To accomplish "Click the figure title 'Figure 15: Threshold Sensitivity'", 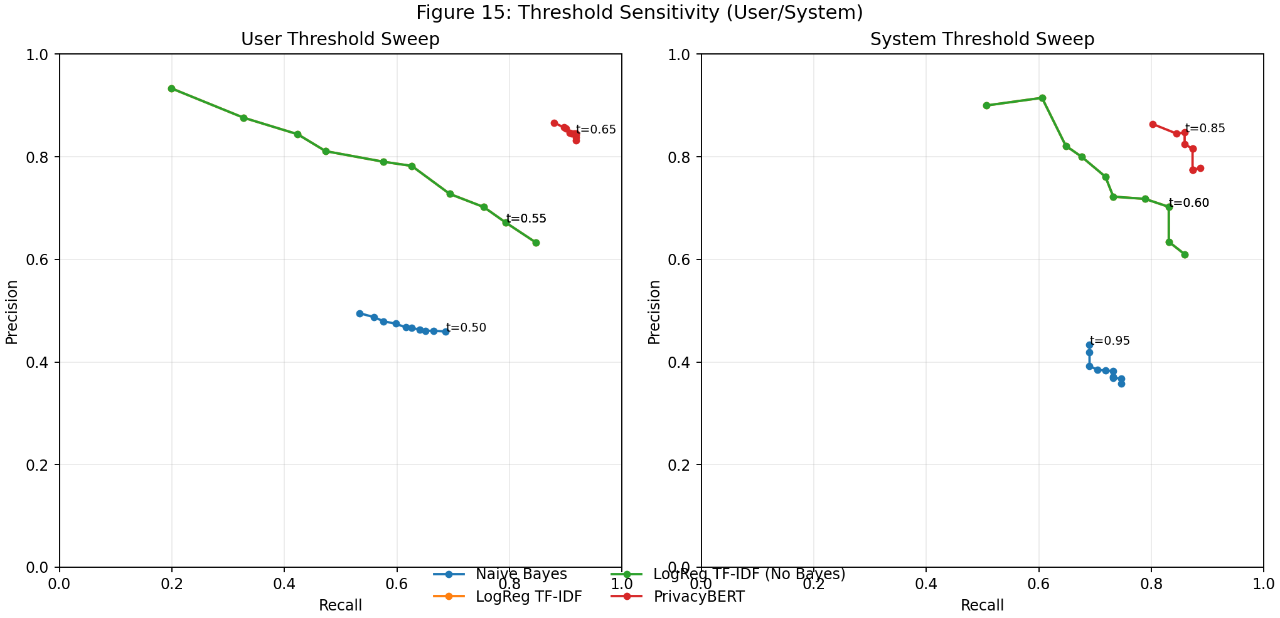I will tap(639, 13).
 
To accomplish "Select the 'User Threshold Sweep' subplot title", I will tap(340, 39).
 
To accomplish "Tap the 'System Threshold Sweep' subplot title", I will tap(982, 39).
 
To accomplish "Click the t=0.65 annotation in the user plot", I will tap(595, 130).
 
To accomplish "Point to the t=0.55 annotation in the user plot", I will tap(526, 219).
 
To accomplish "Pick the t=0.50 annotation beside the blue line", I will tap(466, 328).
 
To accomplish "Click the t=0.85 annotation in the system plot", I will tap(1205, 128).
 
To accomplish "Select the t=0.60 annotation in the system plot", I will tap(1188, 203).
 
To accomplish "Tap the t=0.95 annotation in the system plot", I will tap(1109, 341).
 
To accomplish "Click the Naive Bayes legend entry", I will tap(521, 574).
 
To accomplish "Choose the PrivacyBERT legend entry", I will tap(698, 597).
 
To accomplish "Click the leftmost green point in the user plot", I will tap(171, 88).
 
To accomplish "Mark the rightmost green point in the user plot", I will tap(536, 243).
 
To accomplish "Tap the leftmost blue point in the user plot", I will tap(360, 313).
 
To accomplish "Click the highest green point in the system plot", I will tap(1042, 98).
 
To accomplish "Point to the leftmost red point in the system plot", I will tap(1153, 124).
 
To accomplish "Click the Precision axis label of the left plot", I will tap(11, 312).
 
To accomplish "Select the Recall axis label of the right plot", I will tap(982, 605).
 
